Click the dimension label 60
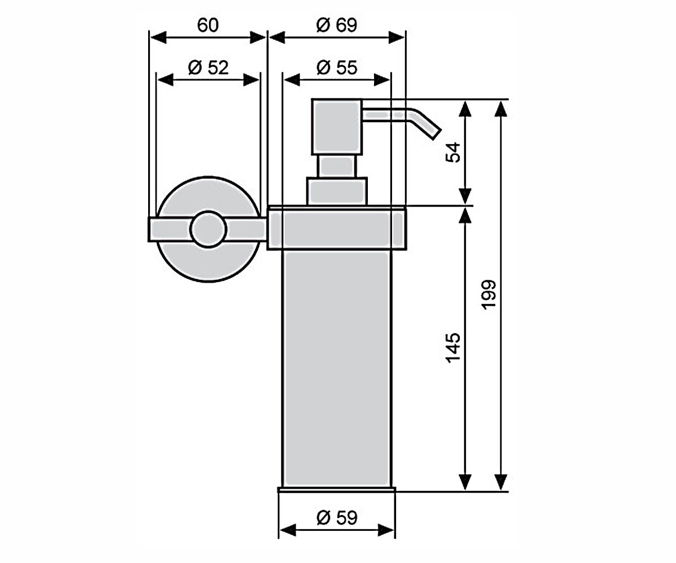[208, 25]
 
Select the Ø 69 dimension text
[337, 25]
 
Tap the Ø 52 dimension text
[208, 68]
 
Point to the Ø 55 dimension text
[337, 68]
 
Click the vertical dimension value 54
[453, 153]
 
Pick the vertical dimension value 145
[453, 348]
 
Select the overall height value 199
[488, 295]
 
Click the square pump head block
[337, 127]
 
